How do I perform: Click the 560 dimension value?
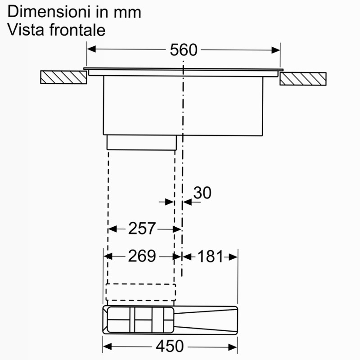tap(184, 49)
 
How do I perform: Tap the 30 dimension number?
tap(202, 193)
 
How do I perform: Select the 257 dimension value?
tap(142, 229)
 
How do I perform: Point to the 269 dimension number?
tap(142, 256)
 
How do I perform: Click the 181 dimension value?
tap(210, 256)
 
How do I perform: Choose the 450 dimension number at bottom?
tap(170, 346)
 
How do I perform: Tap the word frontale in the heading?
tap(77, 30)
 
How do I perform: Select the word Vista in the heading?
tap(26, 30)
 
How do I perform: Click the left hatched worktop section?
tap(63, 77)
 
